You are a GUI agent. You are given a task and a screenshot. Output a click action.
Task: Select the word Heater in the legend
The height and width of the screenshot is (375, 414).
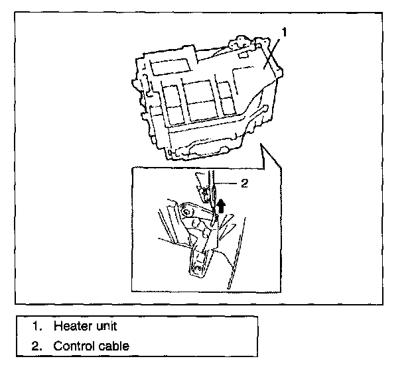69,326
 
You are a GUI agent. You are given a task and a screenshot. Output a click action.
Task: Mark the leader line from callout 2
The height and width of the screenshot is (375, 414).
226,183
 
